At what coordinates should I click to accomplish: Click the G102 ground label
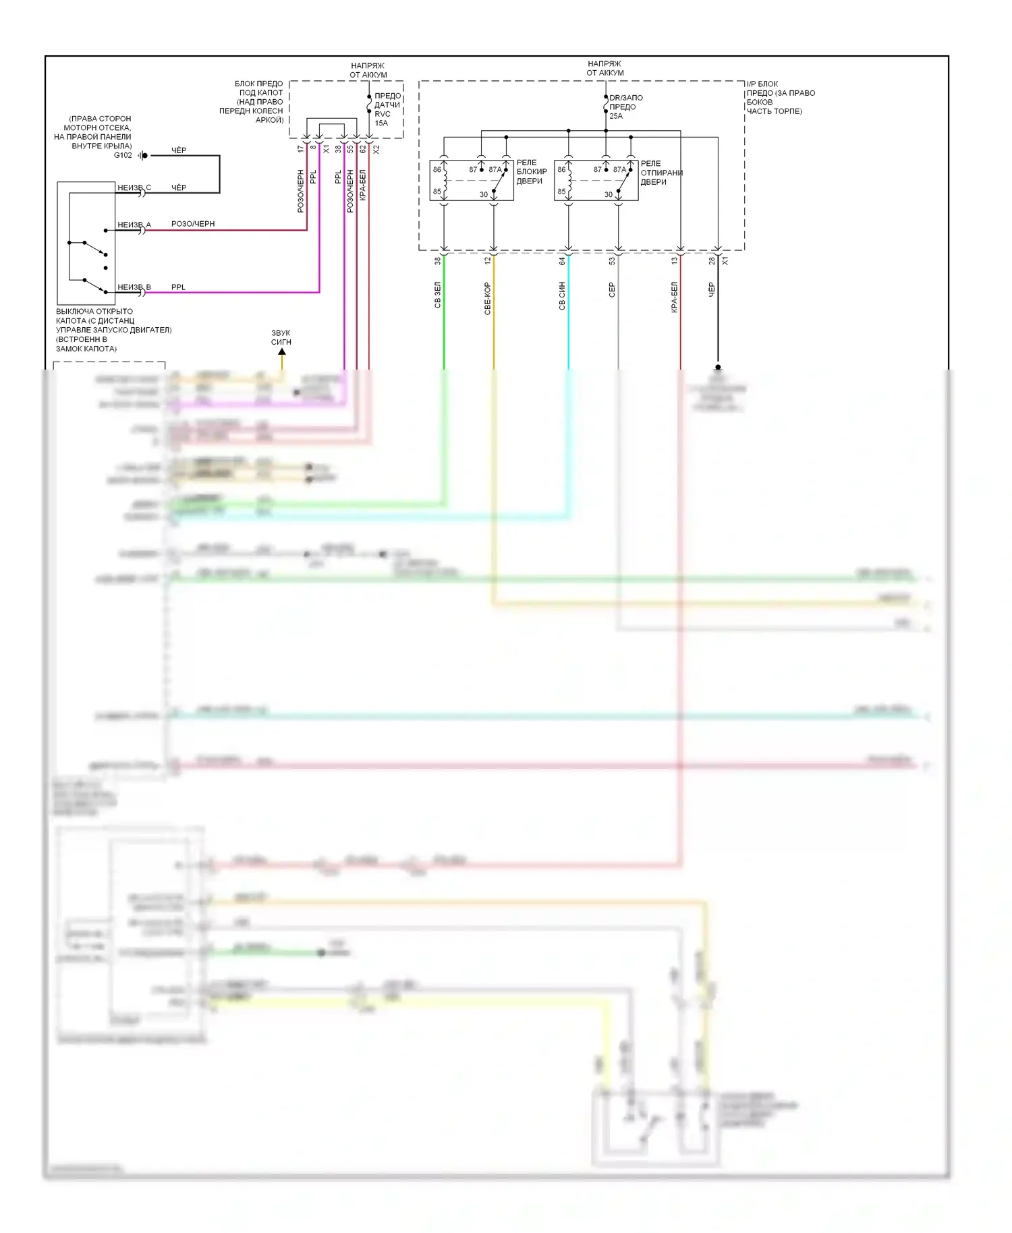123,155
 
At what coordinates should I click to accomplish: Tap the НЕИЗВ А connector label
134,225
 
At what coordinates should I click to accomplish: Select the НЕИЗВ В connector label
134,287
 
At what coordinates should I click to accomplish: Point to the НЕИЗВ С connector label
134,188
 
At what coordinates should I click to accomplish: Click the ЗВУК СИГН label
281,337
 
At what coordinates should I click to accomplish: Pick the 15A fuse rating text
381,123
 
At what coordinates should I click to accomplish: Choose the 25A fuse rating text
616,116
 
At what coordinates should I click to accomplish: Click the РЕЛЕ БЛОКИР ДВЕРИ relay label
532,172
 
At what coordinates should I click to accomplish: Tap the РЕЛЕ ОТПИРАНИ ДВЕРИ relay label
661,173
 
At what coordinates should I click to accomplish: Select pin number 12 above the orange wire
488,260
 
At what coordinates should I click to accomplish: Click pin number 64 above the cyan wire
562,260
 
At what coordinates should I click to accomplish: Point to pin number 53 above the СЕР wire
612,260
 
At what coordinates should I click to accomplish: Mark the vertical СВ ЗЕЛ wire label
437,295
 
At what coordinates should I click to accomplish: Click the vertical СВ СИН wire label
562,295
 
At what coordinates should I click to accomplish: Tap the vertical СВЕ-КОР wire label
487,298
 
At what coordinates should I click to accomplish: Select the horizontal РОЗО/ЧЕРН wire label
193,224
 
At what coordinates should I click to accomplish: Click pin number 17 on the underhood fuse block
301,149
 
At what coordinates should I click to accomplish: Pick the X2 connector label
376,149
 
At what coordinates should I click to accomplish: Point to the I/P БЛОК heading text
762,84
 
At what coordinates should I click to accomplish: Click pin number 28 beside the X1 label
712,260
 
